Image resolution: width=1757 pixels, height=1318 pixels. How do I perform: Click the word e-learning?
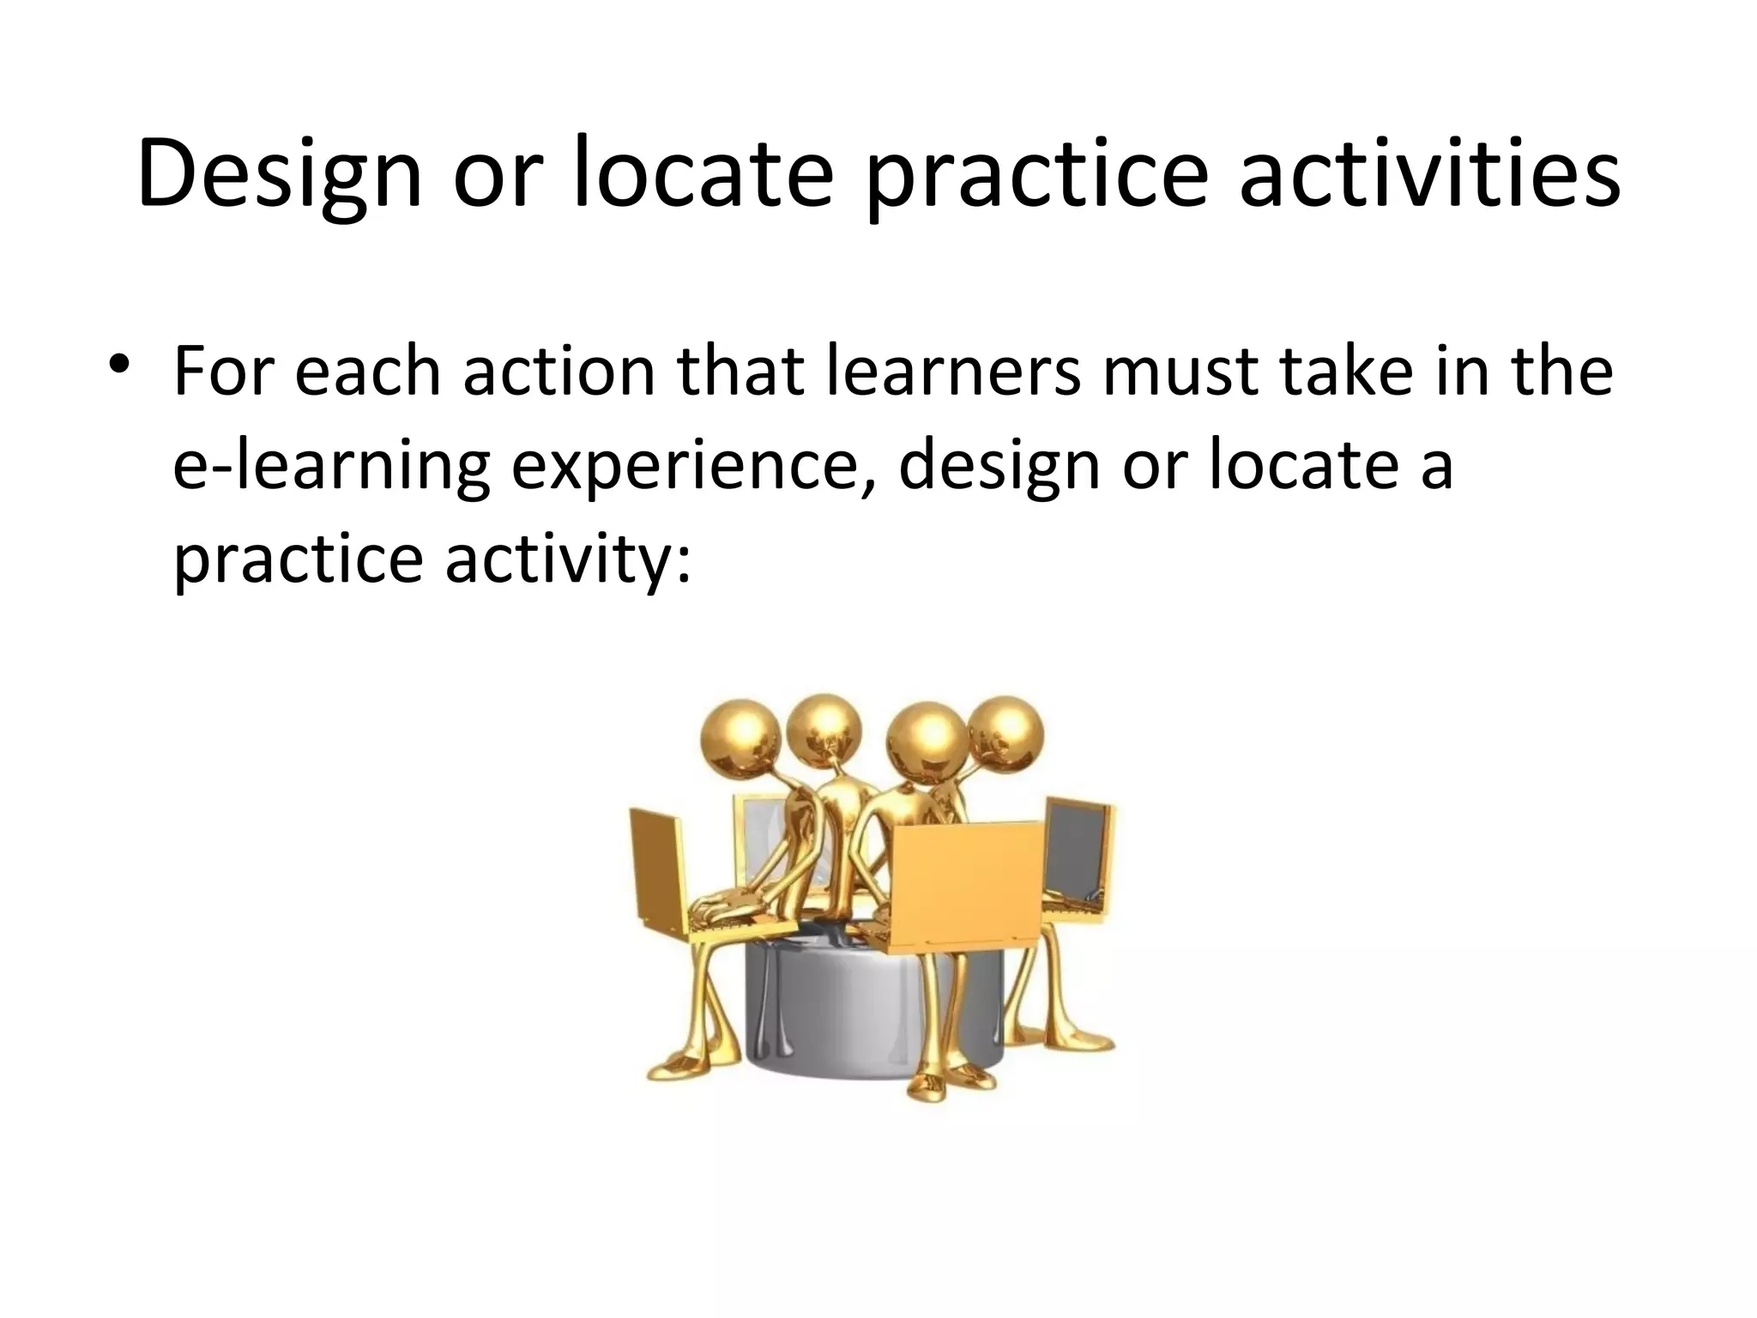331,468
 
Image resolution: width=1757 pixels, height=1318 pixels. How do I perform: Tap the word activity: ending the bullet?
567,559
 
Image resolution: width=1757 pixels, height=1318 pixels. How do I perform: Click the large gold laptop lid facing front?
969,884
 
